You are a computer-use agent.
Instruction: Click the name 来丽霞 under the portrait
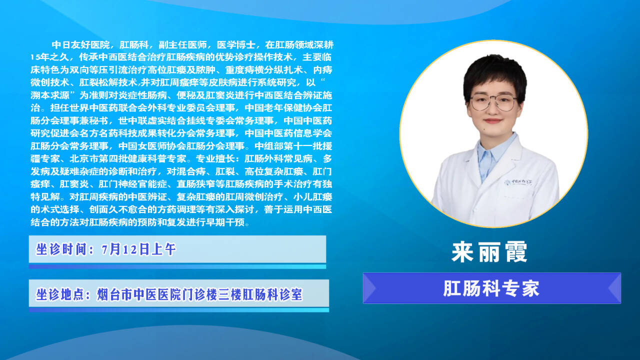coord(489,252)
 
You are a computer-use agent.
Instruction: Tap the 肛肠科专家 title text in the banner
coord(491,288)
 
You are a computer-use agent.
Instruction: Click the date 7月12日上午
coord(138,249)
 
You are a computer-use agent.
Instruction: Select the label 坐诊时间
coord(61,249)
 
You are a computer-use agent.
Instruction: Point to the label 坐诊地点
coord(61,294)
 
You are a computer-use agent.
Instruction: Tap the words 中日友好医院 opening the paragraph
coord(81,45)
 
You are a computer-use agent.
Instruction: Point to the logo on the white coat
coord(518,182)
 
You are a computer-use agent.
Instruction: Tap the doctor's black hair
coord(494,74)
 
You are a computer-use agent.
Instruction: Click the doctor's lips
coord(493,121)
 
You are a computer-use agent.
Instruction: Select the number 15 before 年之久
coord(35,57)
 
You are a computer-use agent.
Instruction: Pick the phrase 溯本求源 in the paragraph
coord(50,95)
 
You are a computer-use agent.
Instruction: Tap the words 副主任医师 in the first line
coord(183,45)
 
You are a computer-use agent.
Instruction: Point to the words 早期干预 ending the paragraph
coord(225,222)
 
